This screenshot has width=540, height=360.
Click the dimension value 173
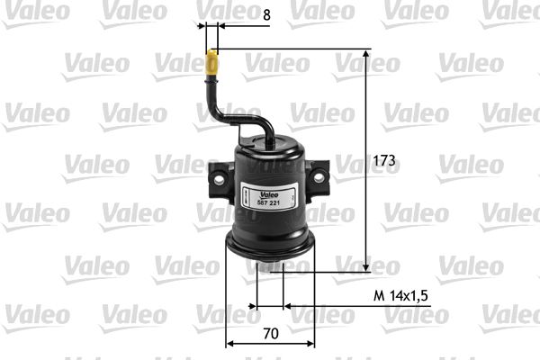coord(384,160)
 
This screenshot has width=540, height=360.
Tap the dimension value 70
coord(271,334)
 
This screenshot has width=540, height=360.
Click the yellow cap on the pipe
coord(211,64)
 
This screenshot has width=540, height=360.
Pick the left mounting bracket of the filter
coord(219,178)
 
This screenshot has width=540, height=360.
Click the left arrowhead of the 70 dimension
coord(229,343)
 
